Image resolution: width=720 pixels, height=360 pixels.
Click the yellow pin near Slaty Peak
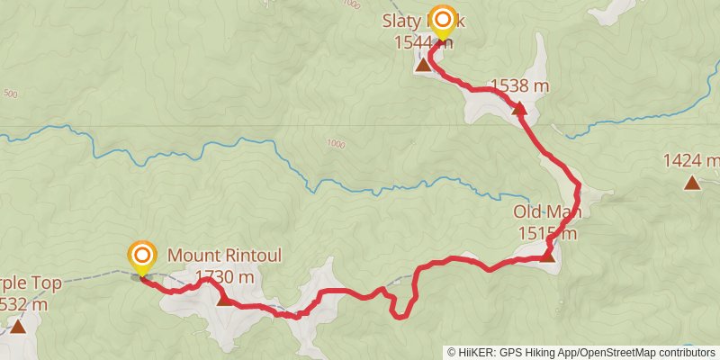442,22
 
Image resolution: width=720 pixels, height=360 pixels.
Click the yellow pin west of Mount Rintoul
141,258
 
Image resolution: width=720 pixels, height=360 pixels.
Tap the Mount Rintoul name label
224,256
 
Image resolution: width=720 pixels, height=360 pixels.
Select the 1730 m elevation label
224,276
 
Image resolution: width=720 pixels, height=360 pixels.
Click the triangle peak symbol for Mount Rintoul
224,299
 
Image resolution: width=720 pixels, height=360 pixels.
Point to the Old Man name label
547,212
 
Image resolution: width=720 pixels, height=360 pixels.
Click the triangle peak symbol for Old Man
547,256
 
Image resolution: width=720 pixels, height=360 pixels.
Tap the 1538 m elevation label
519,86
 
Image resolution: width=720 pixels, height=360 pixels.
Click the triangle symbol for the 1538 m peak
518,109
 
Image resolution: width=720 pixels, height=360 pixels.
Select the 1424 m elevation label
691,161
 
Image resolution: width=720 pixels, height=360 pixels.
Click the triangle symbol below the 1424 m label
691,184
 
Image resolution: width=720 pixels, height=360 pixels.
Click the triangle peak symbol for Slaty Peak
422,64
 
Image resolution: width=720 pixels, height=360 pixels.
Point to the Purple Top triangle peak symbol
18,326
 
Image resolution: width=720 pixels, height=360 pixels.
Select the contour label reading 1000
335,143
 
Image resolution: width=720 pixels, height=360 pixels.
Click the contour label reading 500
10,94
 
